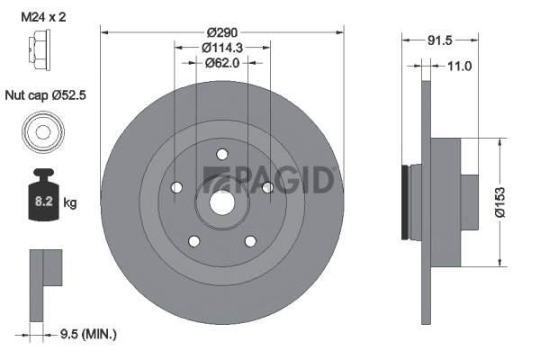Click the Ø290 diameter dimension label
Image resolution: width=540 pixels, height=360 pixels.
coord(222,32)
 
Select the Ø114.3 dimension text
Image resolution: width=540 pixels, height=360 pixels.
coord(222,48)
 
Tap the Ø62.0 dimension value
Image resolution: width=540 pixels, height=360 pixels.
coord(222,63)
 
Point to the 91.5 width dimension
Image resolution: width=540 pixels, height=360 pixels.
coord(439,40)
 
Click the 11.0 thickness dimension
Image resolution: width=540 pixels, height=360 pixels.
coord(459,66)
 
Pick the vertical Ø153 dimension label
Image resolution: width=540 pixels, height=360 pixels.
coord(500,202)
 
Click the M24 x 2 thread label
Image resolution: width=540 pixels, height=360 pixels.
coord(43,17)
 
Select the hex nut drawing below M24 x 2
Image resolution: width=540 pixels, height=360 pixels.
coord(40,50)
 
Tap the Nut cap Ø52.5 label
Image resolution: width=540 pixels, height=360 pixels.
coord(46,95)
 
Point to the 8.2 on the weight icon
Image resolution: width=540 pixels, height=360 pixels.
coord(44,202)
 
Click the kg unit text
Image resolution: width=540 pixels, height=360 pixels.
coord(70,202)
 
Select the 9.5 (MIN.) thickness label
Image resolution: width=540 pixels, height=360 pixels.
coord(88,334)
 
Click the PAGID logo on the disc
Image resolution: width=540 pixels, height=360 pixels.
coord(269,179)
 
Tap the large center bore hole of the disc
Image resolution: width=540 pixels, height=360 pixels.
coord(222,202)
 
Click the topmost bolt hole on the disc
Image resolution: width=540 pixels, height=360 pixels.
coord(222,154)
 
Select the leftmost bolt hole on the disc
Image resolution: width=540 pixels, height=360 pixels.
coord(176,187)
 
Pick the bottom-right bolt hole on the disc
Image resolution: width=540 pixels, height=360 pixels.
coord(250,241)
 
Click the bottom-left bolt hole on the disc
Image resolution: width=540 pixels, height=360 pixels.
coord(194,241)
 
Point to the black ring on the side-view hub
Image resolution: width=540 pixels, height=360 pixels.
coord(406,202)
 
